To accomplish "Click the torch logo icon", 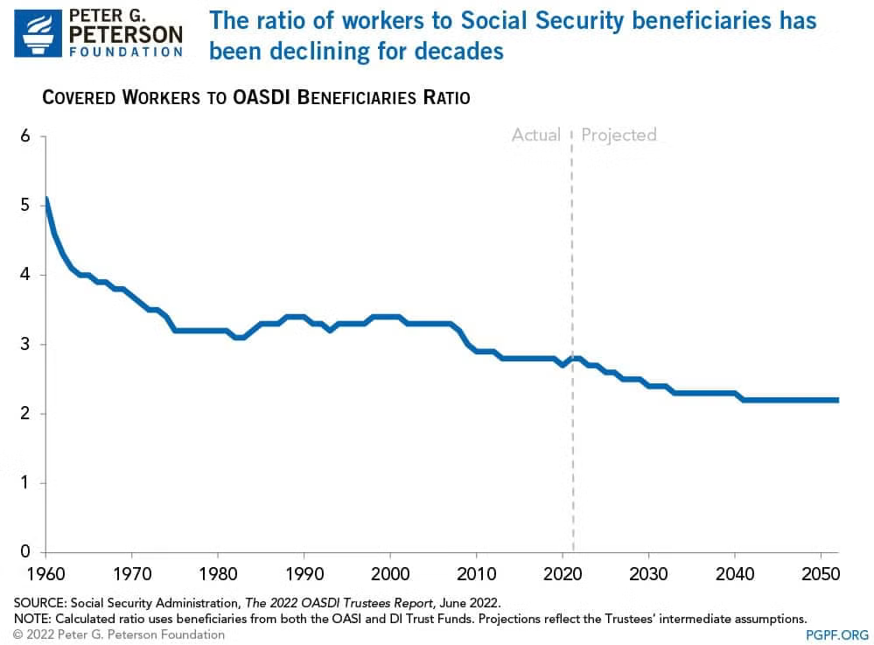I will coord(38,33).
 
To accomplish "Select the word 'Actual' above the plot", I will coord(535,135).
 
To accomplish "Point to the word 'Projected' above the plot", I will coord(619,135).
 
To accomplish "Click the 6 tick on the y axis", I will coord(26,137).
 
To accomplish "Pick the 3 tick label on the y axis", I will coord(26,344).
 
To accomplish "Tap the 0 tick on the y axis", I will coord(26,551).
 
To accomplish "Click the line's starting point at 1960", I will coord(45,200).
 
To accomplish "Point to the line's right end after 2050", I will coord(837,400).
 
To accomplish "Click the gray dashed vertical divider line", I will coord(573,455).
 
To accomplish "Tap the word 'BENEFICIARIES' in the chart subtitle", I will coord(355,97).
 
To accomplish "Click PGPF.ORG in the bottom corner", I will coord(837,634).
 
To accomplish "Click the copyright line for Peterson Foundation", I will coord(118,634).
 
